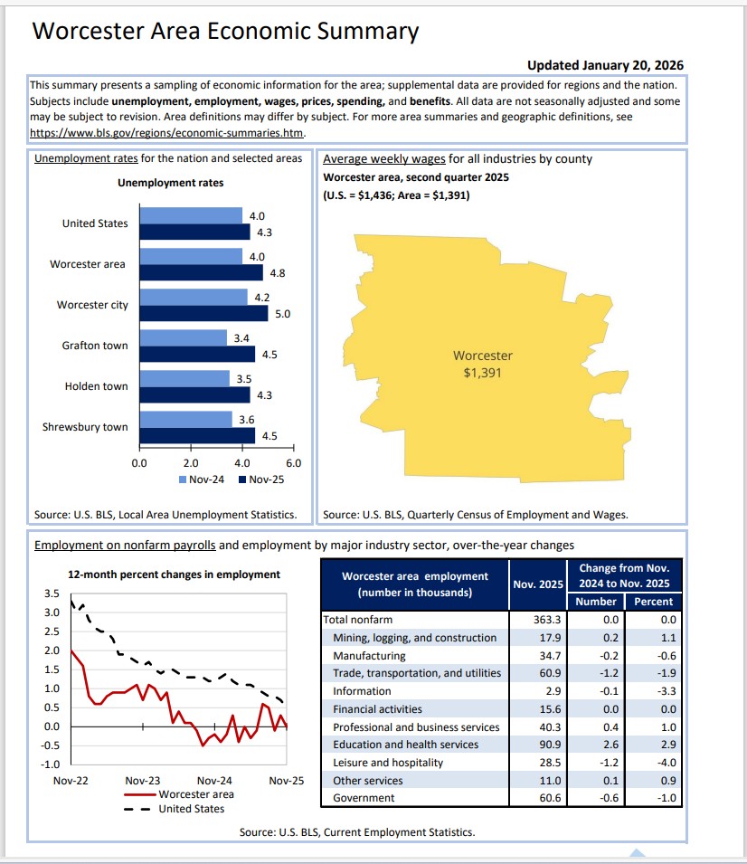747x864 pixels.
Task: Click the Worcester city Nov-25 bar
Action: pyautogui.click(x=204, y=313)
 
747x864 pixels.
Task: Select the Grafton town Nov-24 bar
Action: pyautogui.click(x=184, y=337)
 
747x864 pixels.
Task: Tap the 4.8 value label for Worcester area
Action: pyautogui.click(x=279, y=272)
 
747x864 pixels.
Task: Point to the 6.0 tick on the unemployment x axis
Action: pyautogui.click(x=293, y=462)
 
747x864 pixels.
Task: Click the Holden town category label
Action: pyautogui.click(x=96, y=386)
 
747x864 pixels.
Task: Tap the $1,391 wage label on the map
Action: pyautogui.click(x=482, y=372)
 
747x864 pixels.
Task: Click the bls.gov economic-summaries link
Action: pyautogui.click(x=167, y=132)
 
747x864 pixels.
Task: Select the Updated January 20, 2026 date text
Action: pyautogui.click(x=605, y=65)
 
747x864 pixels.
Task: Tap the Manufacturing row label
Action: pyautogui.click(x=369, y=656)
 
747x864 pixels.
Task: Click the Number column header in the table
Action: pyautogui.click(x=595, y=602)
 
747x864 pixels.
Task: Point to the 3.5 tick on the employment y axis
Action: pyautogui.click(x=52, y=593)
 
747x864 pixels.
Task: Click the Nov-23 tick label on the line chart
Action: pyautogui.click(x=142, y=780)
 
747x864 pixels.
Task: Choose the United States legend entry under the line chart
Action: pyautogui.click(x=191, y=808)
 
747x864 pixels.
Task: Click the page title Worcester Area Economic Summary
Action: pyautogui.click(x=225, y=32)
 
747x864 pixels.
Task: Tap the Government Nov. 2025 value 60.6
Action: pyautogui.click(x=549, y=798)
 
